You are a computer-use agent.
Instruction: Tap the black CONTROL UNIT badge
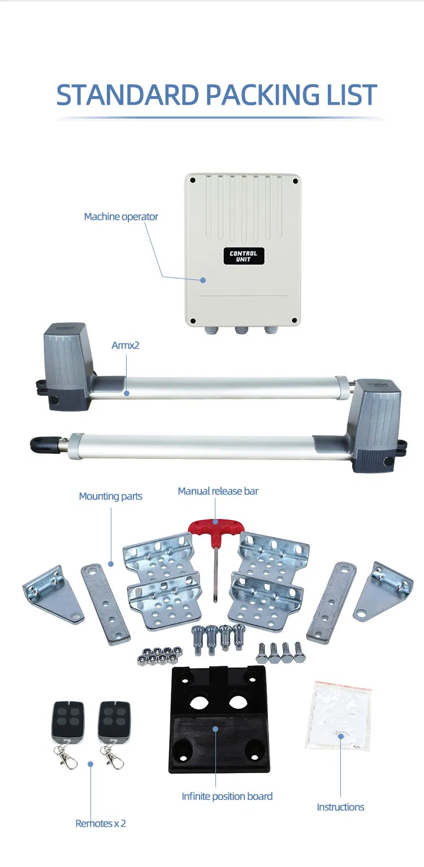(x=243, y=256)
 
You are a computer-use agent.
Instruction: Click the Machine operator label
(x=121, y=216)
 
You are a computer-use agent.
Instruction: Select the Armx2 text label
(x=125, y=345)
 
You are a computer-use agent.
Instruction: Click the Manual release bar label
(x=218, y=491)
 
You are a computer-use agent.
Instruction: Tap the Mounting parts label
(x=110, y=496)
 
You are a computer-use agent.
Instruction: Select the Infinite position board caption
(x=227, y=796)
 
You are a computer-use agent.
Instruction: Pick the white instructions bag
(x=339, y=716)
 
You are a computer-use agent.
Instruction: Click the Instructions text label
(x=340, y=807)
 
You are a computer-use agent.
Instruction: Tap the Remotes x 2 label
(x=101, y=823)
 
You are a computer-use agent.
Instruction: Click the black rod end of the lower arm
(x=44, y=444)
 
